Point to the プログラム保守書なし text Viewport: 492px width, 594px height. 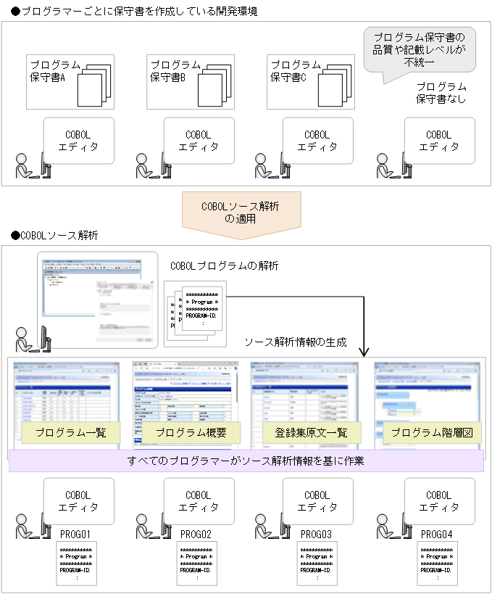441,92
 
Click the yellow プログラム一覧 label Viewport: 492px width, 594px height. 70,433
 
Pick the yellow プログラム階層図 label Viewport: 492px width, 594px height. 431,433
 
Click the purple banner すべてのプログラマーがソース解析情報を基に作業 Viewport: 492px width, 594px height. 246,461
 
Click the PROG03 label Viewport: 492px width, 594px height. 316,535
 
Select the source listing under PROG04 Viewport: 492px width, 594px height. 437,564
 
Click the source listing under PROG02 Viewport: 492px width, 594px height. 196,564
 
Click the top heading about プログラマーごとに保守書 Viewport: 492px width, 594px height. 134,12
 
